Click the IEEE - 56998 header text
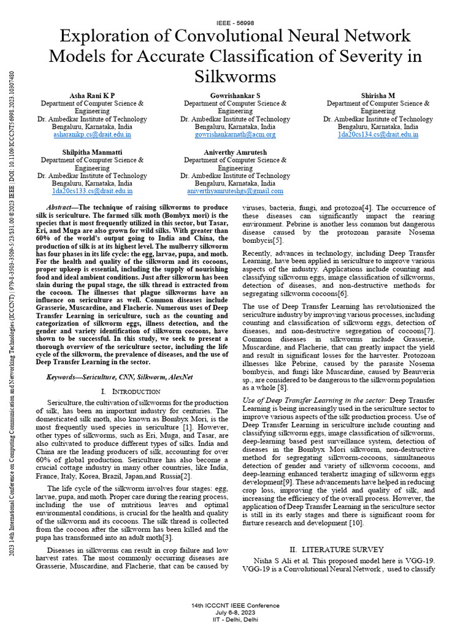click(235, 22)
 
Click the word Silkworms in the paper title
click(235, 77)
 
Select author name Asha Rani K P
click(92, 96)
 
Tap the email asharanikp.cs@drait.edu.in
click(92, 134)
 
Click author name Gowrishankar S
click(235, 96)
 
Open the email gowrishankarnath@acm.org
click(235, 134)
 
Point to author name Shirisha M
click(378, 96)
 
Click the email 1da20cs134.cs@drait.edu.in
click(378, 134)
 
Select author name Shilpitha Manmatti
click(92, 151)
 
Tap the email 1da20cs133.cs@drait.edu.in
click(92, 191)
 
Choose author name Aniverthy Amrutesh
click(235, 151)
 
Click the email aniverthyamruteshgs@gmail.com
click(235, 191)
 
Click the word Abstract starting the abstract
click(60, 208)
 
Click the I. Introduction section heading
click(130, 391)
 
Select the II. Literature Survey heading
click(337, 549)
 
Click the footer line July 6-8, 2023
click(235, 612)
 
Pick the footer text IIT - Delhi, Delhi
click(235, 619)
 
